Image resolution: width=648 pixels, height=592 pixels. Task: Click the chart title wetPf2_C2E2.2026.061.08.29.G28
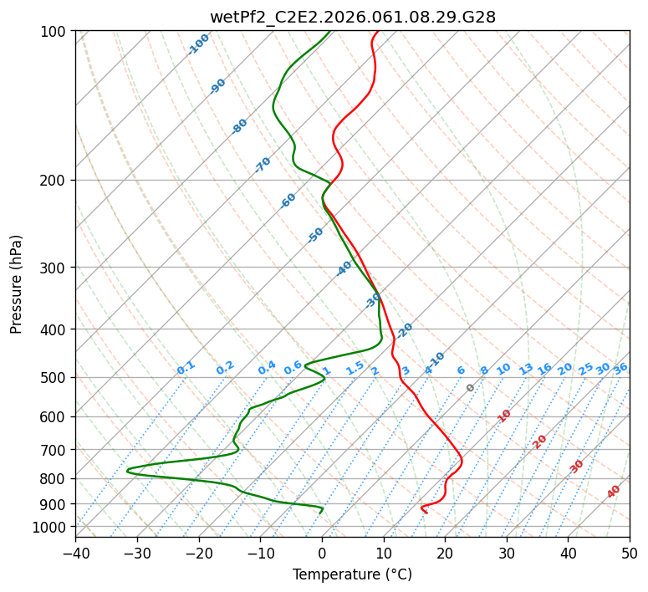click(x=352, y=17)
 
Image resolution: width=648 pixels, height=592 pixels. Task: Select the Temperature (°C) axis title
click(x=352, y=574)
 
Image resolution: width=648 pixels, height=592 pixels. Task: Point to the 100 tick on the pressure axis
click(x=56, y=31)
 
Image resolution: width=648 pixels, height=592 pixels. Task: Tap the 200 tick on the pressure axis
click(x=56, y=180)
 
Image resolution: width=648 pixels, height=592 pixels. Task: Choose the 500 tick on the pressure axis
click(x=56, y=377)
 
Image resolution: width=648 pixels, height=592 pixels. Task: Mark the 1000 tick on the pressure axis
click(x=53, y=527)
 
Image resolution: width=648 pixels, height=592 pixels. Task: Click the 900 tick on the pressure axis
click(x=56, y=503)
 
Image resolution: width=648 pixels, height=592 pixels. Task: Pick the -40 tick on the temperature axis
click(x=75, y=553)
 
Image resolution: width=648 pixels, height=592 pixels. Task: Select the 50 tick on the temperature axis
click(x=630, y=553)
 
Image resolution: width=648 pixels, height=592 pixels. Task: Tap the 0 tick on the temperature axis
click(x=322, y=553)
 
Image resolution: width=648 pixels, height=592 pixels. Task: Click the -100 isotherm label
click(x=199, y=44)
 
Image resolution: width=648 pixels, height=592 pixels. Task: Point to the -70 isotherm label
click(x=263, y=165)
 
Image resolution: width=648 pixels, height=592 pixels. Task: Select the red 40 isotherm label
click(x=614, y=492)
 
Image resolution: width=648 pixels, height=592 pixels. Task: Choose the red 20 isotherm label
click(x=540, y=441)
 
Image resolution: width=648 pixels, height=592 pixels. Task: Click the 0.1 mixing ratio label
click(x=186, y=367)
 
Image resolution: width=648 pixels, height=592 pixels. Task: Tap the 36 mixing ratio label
click(x=620, y=368)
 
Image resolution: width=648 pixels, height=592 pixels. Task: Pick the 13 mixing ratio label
click(x=526, y=369)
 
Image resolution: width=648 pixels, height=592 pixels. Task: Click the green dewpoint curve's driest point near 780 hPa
click(x=127, y=471)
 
